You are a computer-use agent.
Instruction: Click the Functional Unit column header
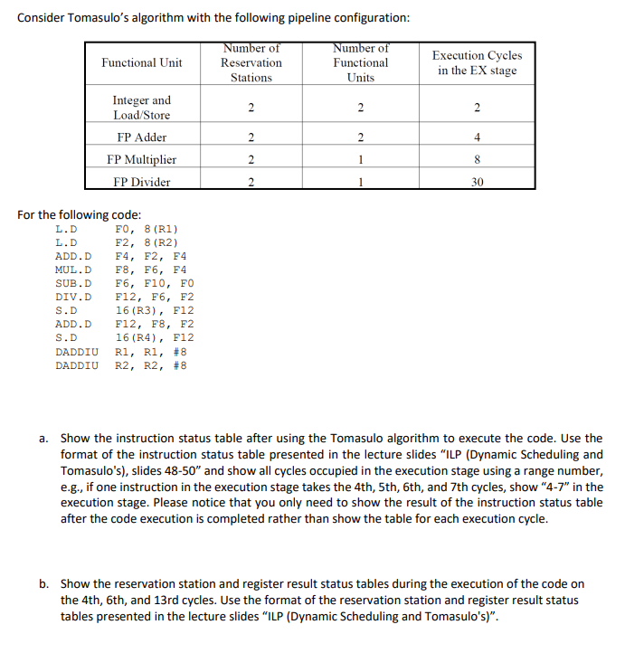click(141, 62)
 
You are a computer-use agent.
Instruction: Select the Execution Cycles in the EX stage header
click(477, 62)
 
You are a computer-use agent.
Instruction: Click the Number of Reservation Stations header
click(251, 62)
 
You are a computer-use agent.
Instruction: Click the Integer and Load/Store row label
click(141, 108)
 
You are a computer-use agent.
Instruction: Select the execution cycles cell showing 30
click(477, 181)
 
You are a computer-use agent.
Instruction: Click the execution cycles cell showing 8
click(477, 159)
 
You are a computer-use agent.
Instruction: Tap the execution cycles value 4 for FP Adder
click(477, 137)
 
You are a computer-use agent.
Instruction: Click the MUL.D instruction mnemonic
click(73, 270)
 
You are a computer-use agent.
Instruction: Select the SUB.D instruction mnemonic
click(73, 283)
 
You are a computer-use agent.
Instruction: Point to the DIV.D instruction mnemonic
click(73, 297)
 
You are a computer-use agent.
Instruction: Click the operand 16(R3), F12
click(155, 310)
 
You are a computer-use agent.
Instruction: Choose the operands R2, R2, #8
click(151, 365)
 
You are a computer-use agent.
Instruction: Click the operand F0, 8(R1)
click(147, 229)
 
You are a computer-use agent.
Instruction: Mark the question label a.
click(43, 439)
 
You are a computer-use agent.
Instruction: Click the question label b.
click(43, 584)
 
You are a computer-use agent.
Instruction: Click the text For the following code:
click(79, 214)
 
